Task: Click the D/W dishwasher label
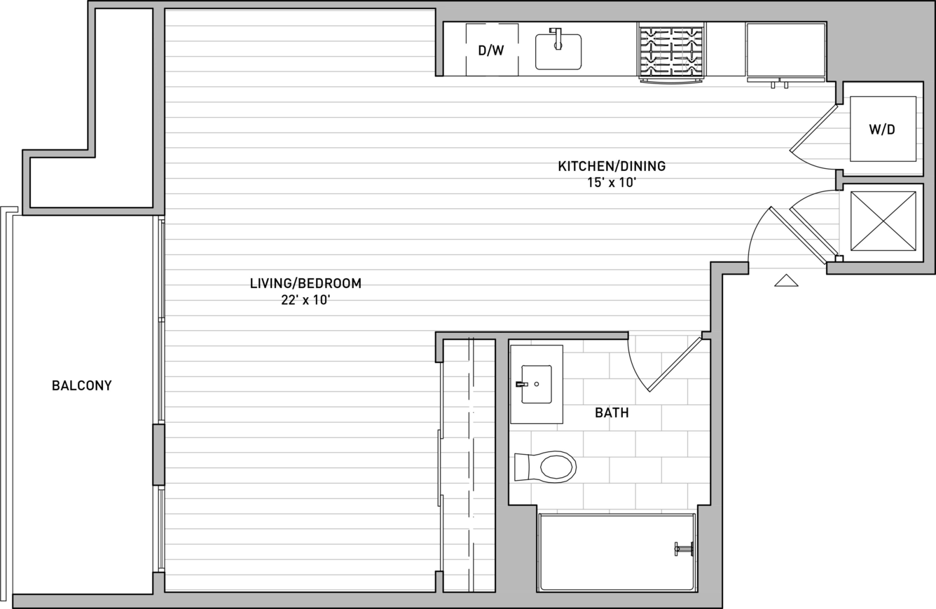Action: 491,50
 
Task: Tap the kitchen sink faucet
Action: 557,39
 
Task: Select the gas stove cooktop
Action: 671,52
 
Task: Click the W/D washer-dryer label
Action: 882,130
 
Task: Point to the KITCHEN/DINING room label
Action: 612,166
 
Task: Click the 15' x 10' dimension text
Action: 612,183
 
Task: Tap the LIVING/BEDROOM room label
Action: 305,283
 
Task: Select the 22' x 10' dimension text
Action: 305,300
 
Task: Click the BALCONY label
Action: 82,385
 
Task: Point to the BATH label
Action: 612,413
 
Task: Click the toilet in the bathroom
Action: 545,467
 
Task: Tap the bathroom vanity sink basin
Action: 537,384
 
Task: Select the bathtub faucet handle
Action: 684,549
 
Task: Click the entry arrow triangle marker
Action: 786,280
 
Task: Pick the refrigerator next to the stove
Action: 786,52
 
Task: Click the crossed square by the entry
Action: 883,221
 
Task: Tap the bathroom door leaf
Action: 675,364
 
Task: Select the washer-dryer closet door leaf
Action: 813,128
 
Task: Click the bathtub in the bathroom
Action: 617,552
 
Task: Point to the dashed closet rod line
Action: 472,464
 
